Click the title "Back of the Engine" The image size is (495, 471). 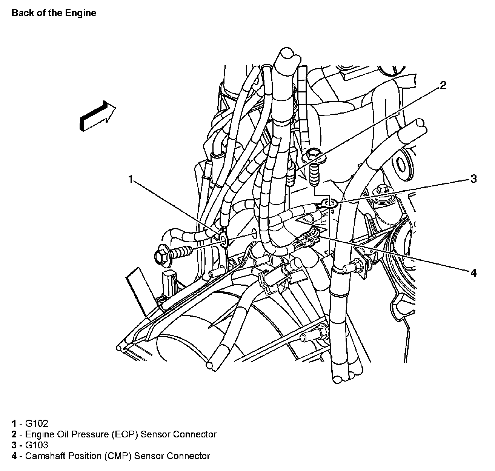coord(54,13)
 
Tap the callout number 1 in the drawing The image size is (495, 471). coord(131,179)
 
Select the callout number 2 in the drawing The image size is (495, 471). coord(443,85)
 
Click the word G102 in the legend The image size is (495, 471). coord(37,423)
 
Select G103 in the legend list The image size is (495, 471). coord(37,445)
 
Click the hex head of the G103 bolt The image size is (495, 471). coord(313,154)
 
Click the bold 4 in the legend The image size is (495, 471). coord(14,456)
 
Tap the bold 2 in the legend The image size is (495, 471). coord(14,434)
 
